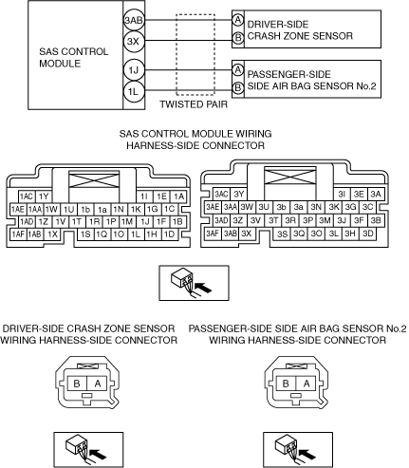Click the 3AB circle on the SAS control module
134,20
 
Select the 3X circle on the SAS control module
134,42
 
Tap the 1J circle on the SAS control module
134,70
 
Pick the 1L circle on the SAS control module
134,91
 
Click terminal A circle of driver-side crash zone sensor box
238,20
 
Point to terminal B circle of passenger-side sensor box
238,87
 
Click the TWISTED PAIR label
194,104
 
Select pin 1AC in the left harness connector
27,197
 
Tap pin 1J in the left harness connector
145,221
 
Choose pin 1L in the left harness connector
136,234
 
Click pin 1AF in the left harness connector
18,234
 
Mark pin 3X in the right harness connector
247,234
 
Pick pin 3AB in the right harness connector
231,234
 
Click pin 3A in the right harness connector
376,194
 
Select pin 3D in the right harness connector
367,234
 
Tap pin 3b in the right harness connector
281,207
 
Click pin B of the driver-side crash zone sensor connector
77,384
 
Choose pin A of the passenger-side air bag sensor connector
307,384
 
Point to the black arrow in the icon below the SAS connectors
203,288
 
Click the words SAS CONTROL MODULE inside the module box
74,57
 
